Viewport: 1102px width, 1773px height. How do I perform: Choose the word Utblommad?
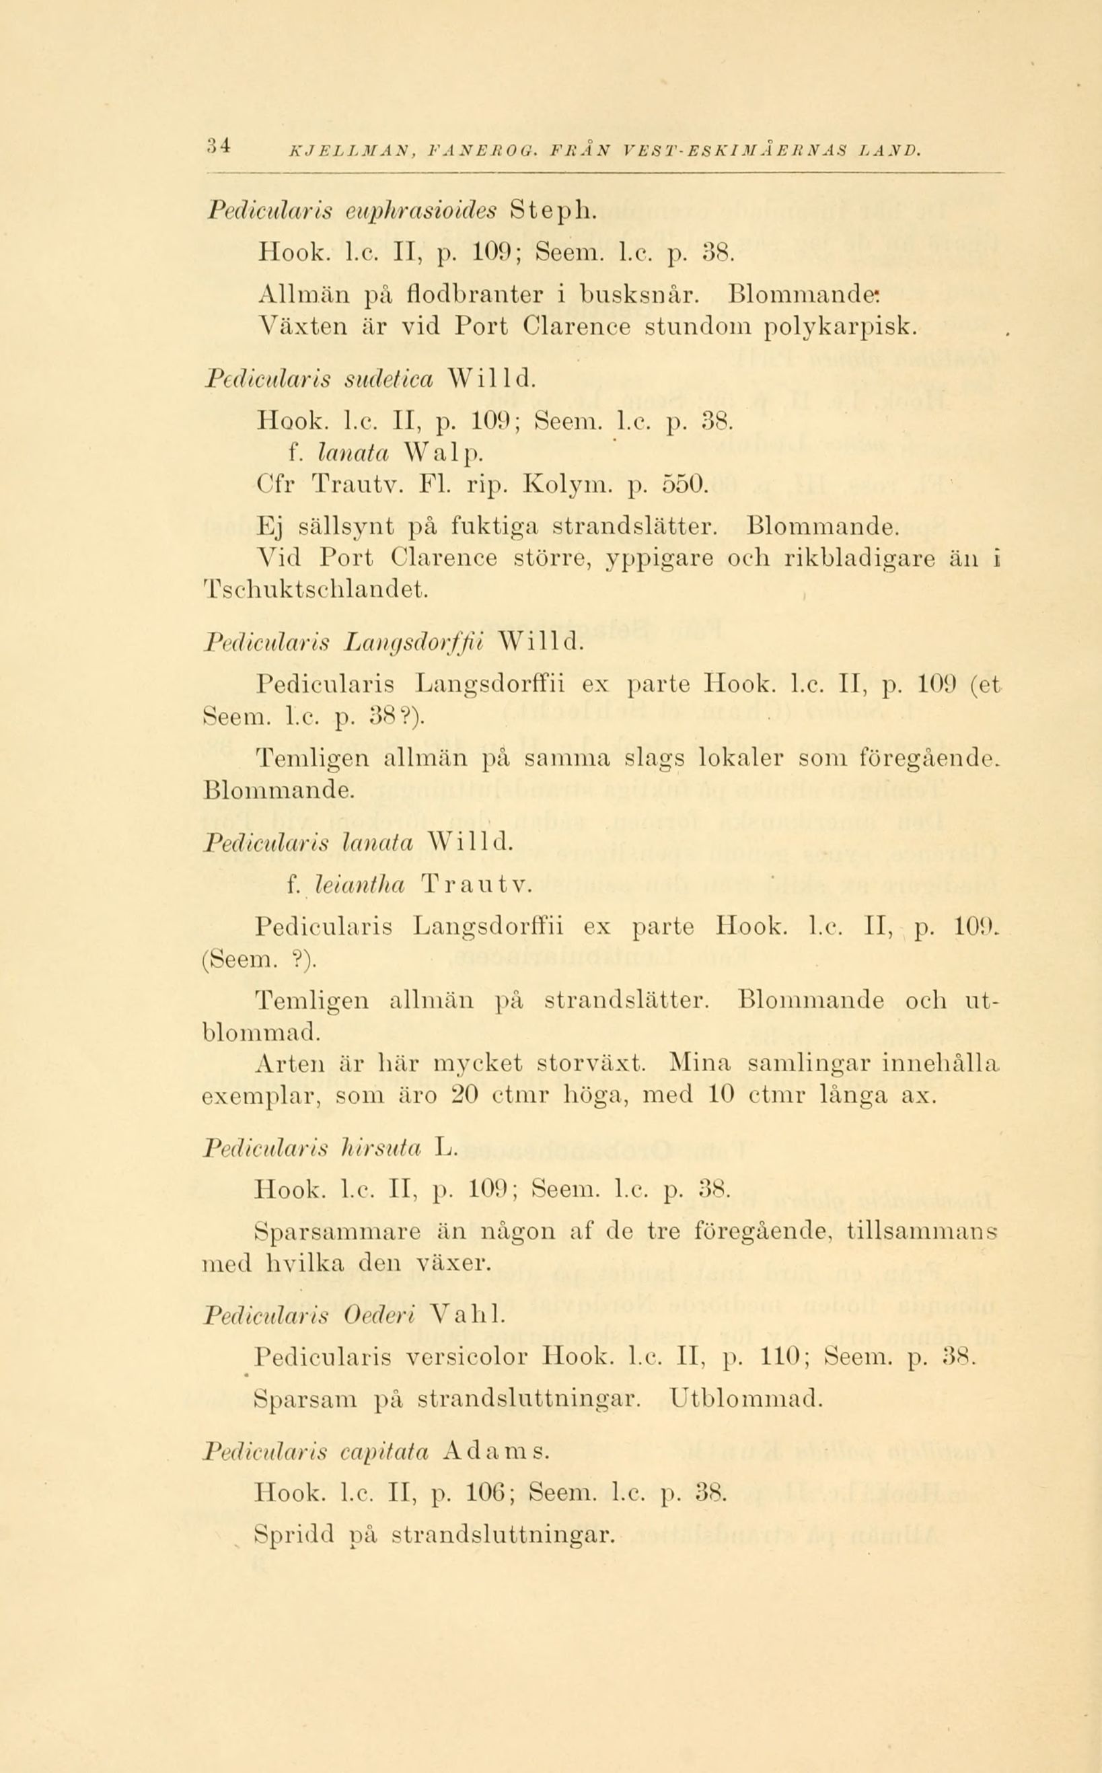tap(745, 1398)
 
